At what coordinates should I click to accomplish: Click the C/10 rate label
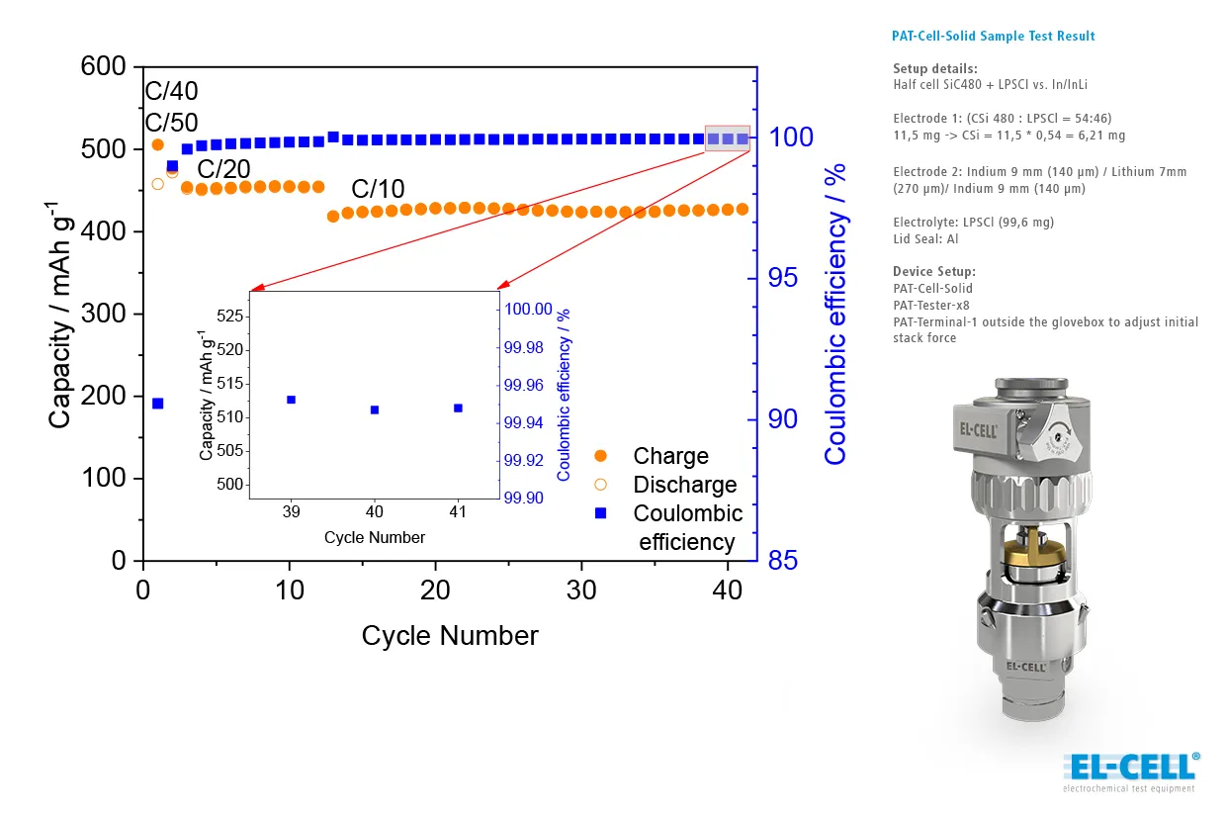click(378, 189)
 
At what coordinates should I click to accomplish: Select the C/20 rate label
click(223, 168)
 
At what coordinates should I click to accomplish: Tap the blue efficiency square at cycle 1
click(157, 404)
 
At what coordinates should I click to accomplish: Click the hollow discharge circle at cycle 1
click(157, 183)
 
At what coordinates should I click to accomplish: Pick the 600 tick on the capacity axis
click(105, 67)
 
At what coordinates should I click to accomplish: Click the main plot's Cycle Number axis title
click(450, 635)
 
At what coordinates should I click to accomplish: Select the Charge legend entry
click(670, 456)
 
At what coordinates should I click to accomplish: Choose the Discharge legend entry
click(684, 485)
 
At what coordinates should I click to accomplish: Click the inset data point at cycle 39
click(291, 400)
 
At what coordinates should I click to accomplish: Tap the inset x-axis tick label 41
click(458, 512)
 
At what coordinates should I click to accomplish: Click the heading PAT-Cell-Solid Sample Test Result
click(993, 37)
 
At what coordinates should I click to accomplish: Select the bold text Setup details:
click(935, 69)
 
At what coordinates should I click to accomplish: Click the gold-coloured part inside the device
click(1023, 553)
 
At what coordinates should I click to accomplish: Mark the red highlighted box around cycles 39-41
click(727, 138)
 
